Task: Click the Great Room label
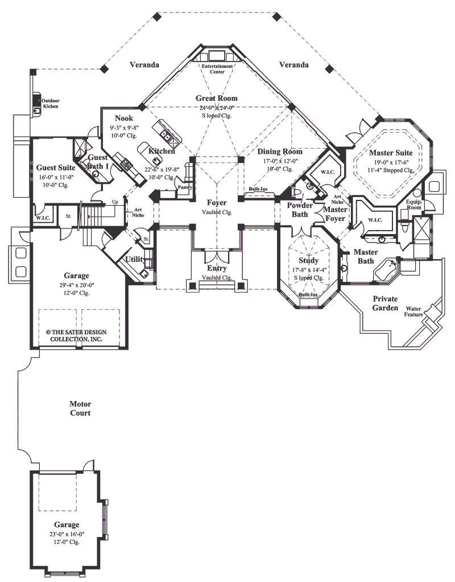pyautogui.click(x=217, y=98)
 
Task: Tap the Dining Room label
pyautogui.click(x=279, y=152)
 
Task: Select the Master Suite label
pyautogui.click(x=390, y=153)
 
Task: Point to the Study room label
pyautogui.click(x=308, y=261)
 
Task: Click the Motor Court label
pyautogui.click(x=80, y=408)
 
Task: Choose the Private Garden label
pyautogui.click(x=385, y=303)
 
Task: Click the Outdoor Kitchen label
pyautogui.click(x=51, y=103)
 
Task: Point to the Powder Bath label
pyautogui.click(x=300, y=209)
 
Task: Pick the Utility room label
pyautogui.click(x=135, y=259)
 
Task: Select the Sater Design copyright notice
pyautogui.click(x=71, y=335)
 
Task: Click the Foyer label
pyautogui.click(x=217, y=203)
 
